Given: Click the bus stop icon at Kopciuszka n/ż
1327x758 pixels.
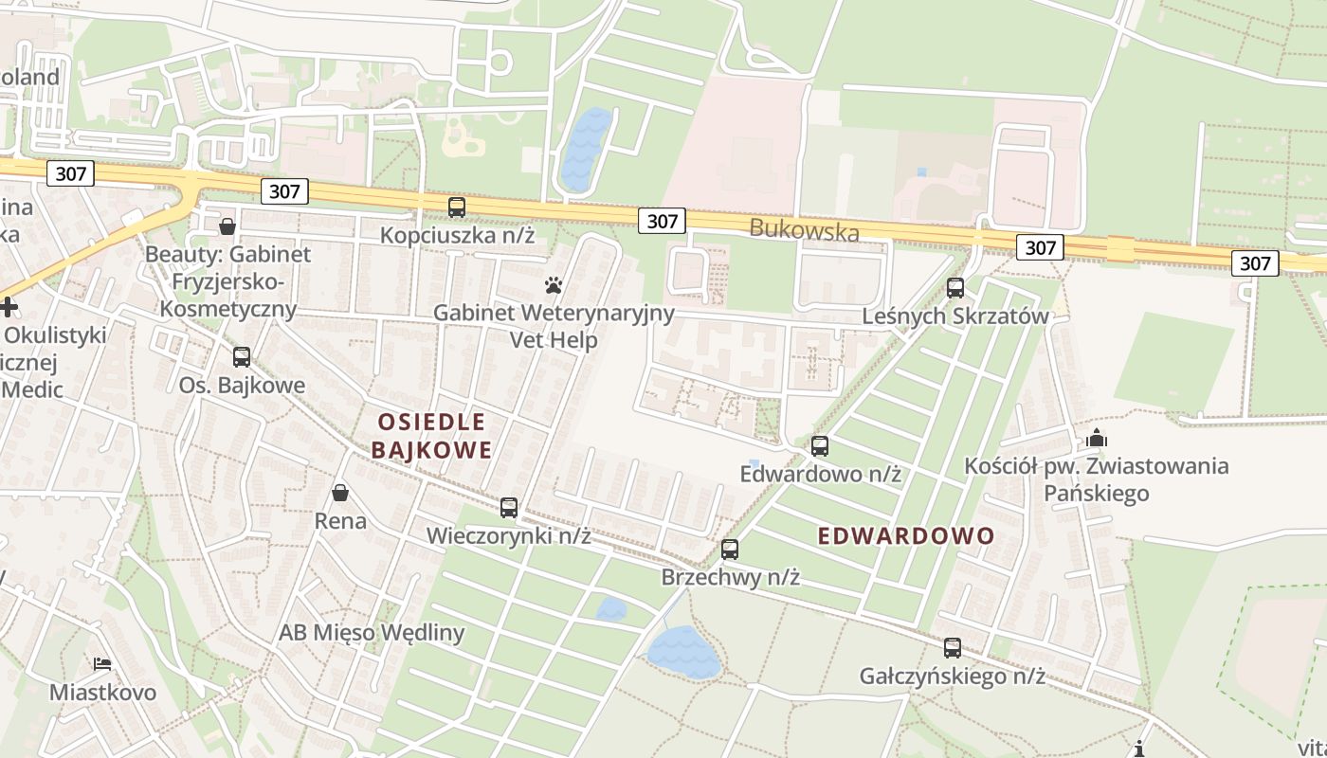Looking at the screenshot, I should pyautogui.click(x=457, y=208).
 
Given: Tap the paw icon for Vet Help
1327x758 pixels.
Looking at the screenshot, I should pyautogui.click(x=554, y=284).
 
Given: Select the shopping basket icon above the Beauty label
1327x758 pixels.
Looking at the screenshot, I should pyautogui.click(x=227, y=226).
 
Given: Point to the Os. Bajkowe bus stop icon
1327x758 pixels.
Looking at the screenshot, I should pyautogui.click(x=242, y=357).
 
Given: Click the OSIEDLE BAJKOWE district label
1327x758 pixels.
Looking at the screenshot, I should pyautogui.click(x=431, y=436).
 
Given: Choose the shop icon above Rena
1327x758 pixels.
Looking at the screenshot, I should pyautogui.click(x=340, y=493).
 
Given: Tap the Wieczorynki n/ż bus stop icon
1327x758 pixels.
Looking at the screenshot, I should pyautogui.click(x=509, y=508).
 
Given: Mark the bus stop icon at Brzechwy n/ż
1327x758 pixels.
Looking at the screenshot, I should pyautogui.click(x=730, y=549).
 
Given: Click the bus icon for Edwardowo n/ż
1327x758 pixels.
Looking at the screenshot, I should pyautogui.click(x=820, y=445).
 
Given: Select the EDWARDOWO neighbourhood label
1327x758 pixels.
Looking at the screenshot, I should pyautogui.click(x=906, y=536).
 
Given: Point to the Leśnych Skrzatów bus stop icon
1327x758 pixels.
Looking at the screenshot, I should pyautogui.click(x=955, y=288).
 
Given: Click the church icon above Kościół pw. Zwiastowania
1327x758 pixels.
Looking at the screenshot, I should pyautogui.click(x=1097, y=438).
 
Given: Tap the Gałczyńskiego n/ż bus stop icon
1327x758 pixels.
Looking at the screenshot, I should pyautogui.click(x=953, y=648).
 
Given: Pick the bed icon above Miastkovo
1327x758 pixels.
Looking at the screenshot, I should pyautogui.click(x=102, y=664).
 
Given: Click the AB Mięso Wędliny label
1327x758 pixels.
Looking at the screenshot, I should pyautogui.click(x=372, y=633).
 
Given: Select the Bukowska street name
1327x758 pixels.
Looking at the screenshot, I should pyautogui.click(x=805, y=230).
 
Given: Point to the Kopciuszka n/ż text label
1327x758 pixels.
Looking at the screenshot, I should pyautogui.click(x=458, y=235).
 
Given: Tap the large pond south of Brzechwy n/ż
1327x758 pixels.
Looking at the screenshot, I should pyautogui.click(x=683, y=651).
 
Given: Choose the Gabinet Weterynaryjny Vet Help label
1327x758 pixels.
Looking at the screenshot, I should pyautogui.click(x=554, y=326).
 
